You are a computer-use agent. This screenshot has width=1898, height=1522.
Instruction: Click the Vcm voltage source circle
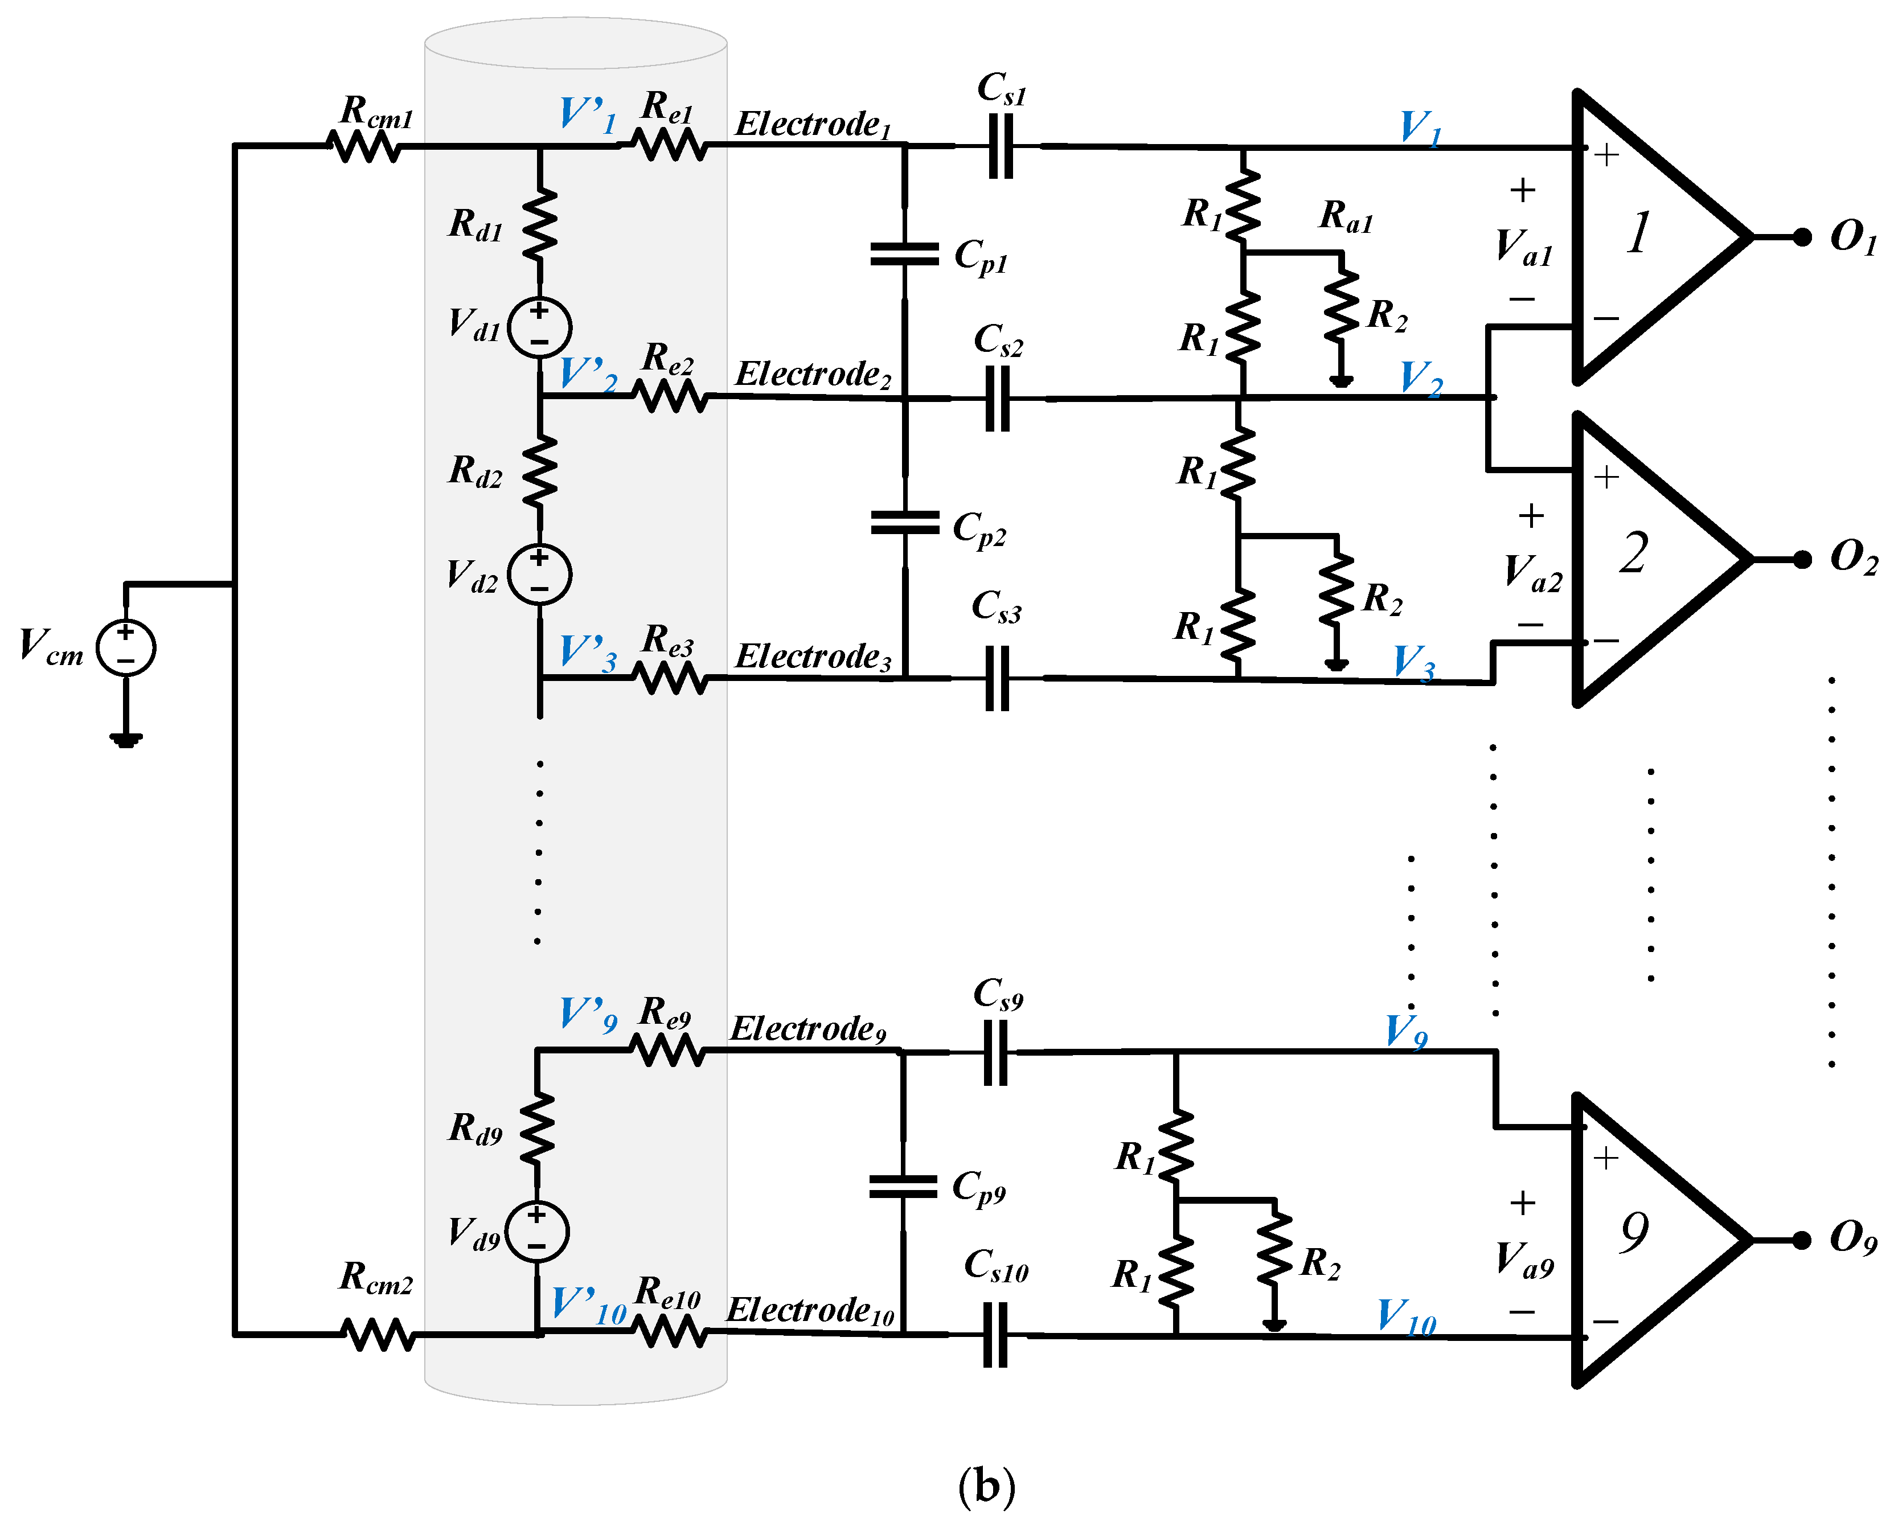pyautogui.click(x=126, y=648)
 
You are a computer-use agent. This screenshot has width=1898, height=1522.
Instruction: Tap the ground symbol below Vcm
pyautogui.click(x=126, y=740)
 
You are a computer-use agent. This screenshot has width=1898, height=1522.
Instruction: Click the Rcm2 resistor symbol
pyautogui.click(x=378, y=1334)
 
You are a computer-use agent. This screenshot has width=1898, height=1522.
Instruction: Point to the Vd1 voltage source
pyautogui.click(x=540, y=327)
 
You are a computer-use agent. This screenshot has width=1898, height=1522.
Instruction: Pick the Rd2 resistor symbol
pyautogui.click(x=540, y=470)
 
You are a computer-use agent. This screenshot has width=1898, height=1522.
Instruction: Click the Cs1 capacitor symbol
pyautogui.click(x=1001, y=146)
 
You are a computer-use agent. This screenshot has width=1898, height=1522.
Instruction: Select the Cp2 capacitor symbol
pyautogui.click(x=905, y=523)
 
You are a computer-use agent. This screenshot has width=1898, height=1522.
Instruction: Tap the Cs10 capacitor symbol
pyautogui.click(x=995, y=1335)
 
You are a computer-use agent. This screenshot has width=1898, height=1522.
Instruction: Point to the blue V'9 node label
pyautogui.click(x=588, y=1014)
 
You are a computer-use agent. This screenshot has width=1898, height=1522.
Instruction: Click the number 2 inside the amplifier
pyautogui.click(x=1634, y=555)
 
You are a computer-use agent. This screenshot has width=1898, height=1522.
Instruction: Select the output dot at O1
pyautogui.click(x=1802, y=237)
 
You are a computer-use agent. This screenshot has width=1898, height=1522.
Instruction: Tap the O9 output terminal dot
pyautogui.click(x=1801, y=1240)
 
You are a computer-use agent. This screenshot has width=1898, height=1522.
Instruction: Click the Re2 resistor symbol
pyautogui.click(x=670, y=397)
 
